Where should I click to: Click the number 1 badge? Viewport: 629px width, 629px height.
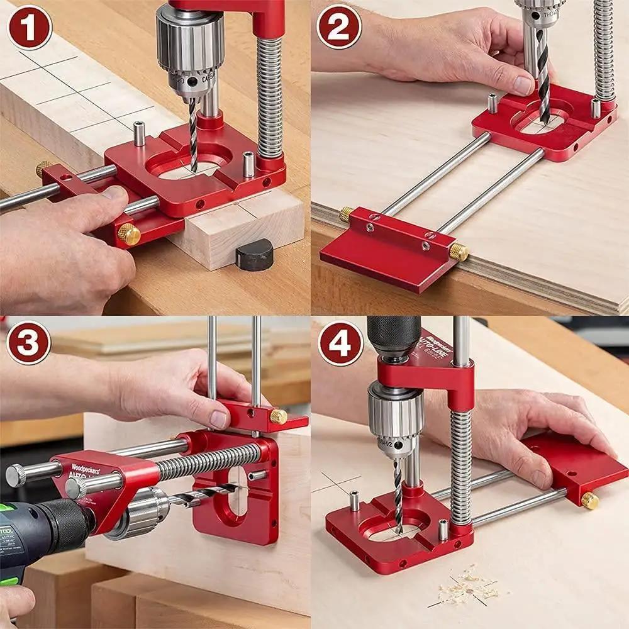pyautogui.click(x=29, y=27)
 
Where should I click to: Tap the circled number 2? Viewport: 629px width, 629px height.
pyautogui.click(x=339, y=27)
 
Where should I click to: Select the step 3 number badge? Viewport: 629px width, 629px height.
pyautogui.click(x=29, y=343)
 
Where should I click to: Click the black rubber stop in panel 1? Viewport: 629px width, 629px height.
pyautogui.click(x=254, y=255)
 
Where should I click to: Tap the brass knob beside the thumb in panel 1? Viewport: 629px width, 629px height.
pyautogui.click(x=129, y=235)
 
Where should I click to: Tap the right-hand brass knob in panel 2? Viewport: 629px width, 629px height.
pyautogui.click(x=459, y=252)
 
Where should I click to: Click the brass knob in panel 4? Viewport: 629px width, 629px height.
pyautogui.click(x=589, y=500)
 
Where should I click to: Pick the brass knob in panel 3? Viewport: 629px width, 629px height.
pyautogui.click(x=279, y=416)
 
